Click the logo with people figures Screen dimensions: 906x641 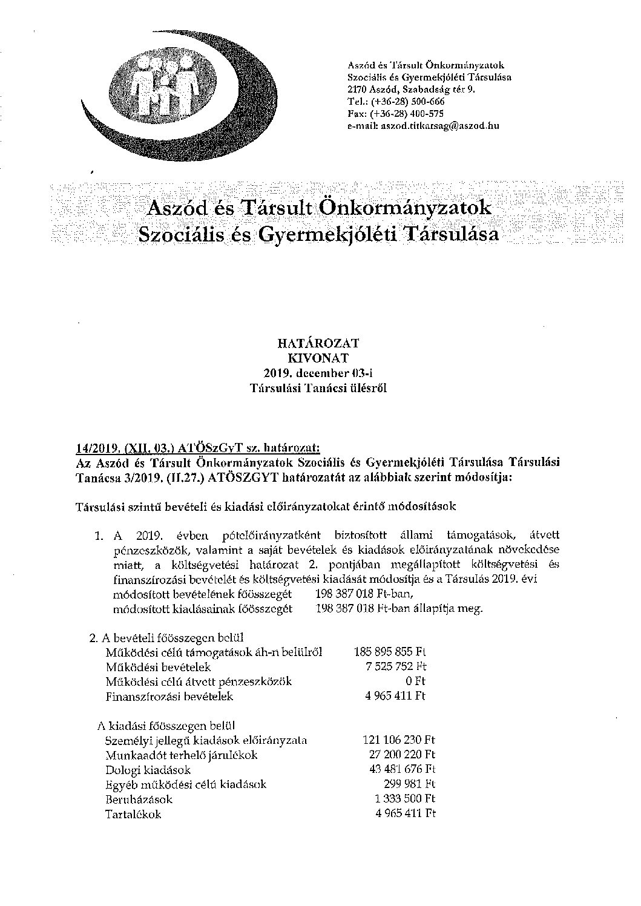pyautogui.click(x=163, y=91)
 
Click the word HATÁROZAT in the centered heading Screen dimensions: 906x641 pyautogui.click(x=318, y=343)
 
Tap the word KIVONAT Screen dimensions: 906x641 pyautogui.click(x=318, y=358)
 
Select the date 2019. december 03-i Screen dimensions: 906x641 pyautogui.click(x=318, y=372)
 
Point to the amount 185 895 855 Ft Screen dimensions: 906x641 pyautogui.click(x=390, y=652)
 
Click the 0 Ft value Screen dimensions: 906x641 pyautogui.click(x=418, y=681)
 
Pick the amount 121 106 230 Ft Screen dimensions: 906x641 pyautogui.click(x=399, y=740)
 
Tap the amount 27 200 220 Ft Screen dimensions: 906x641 pyautogui.click(x=402, y=755)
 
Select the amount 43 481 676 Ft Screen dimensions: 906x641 pyautogui.click(x=402, y=770)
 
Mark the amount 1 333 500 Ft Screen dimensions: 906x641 pyautogui.click(x=405, y=799)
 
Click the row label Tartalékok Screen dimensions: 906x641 pyautogui.click(x=133, y=815)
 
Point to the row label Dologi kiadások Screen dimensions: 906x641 pyautogui.click(x=148, y=770)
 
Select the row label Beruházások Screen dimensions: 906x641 pyautogui.click(x=139, y=799)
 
